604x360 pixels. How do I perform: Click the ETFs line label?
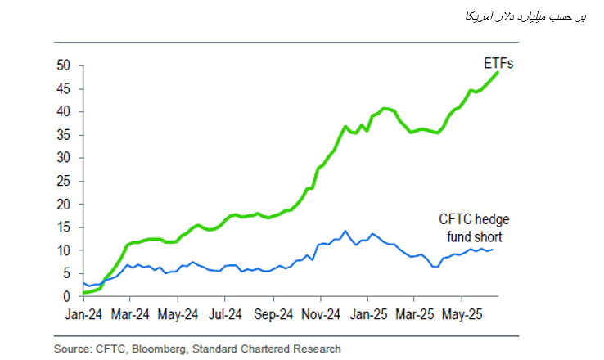point(494,63)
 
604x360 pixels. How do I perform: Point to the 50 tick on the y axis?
point(65,65)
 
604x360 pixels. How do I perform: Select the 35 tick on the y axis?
point(65,135)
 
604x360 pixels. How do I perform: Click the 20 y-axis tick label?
point(65,204)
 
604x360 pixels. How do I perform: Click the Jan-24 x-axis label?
point(83,313)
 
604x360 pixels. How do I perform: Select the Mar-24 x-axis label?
point(129,313)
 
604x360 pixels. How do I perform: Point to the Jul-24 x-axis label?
point(224,313)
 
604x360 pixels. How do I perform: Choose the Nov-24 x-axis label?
point(320,313)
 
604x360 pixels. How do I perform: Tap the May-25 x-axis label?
point(462,313)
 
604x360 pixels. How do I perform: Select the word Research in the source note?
point(315,349)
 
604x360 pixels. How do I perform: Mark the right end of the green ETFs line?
point(498,74)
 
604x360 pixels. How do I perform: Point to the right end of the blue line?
point(492,250)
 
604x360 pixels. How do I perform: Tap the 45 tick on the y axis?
point(65,88)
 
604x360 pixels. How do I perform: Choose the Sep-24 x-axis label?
point(273,313)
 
